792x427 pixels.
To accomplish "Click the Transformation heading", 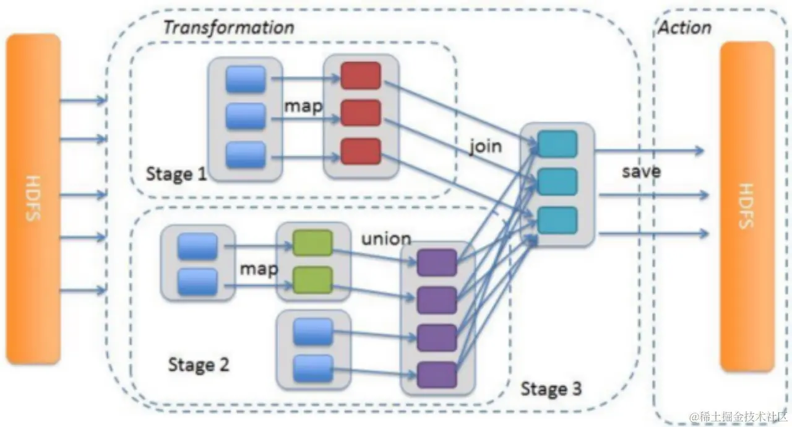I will tap(228, 27).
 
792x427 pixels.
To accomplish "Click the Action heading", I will tap(684, 27).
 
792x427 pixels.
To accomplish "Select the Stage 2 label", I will tap(199, 364).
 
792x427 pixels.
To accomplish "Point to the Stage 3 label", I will tap(551, 389).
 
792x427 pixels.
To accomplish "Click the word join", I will tap(485, 147).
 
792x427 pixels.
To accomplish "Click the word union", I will tap(386, 239).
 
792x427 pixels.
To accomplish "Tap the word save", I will tap(641, 171).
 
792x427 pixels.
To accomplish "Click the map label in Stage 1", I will tap(303, 106).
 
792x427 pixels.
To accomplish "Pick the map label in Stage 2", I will tap(259, 269).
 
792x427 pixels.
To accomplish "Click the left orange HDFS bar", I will tap(33, 198).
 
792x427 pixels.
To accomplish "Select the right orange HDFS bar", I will tap(747, 206).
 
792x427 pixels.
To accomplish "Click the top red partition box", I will tap(360, 76).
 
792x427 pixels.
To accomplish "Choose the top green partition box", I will tap(312, 243).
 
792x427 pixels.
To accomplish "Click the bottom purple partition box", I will tap(437, 374).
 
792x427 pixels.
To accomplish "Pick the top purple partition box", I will tap(437, 262).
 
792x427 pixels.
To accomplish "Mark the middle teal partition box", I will tap(557, 182).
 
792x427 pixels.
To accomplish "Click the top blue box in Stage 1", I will tap(246, 79).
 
